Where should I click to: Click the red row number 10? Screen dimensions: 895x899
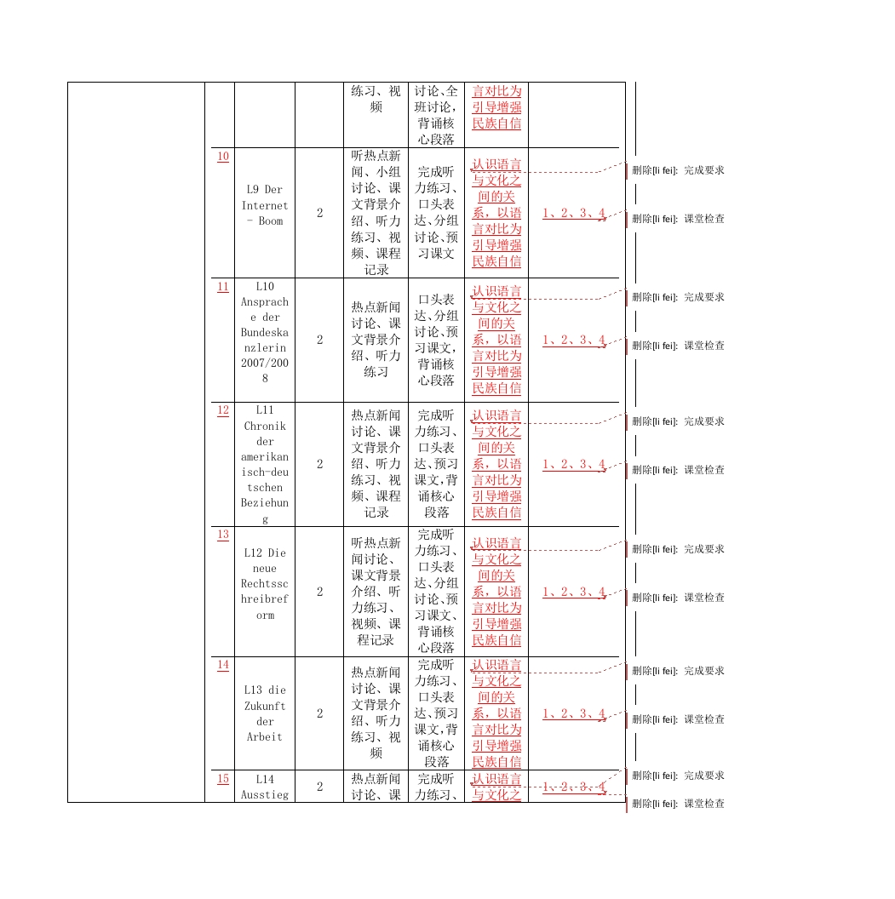point(222,157)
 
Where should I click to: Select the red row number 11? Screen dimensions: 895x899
point(222,287)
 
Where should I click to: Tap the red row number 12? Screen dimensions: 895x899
point(222,410)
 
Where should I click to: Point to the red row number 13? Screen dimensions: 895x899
point(222,535)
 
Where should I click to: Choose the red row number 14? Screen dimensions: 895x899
point(222,665)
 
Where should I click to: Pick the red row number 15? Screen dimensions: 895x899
point(222,779)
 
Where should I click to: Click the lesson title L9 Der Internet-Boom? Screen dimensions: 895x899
point(265,205)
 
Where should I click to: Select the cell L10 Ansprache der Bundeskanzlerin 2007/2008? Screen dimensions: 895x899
point(265,332)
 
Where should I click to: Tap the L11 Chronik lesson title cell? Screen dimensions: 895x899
point(265,464)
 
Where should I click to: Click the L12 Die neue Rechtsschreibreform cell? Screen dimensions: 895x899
point(265,584)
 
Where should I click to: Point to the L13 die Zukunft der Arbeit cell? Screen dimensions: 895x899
point(265,713)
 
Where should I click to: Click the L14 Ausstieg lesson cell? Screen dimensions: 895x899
point(265,787)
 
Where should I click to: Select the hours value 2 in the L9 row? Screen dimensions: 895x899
point(319,214)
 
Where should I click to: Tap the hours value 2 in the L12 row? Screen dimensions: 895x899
point(319,592)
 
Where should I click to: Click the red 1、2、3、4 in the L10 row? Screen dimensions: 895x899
point(574,341)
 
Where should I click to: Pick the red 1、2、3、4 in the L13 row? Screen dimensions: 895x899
point(574,714)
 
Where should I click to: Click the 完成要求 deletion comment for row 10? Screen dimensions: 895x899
point(678,170)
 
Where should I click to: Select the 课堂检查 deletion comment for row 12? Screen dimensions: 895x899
point(678,470)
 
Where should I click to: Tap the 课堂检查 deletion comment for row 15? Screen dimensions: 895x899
point(678,804)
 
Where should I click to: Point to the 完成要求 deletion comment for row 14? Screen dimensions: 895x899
point(678,671)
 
